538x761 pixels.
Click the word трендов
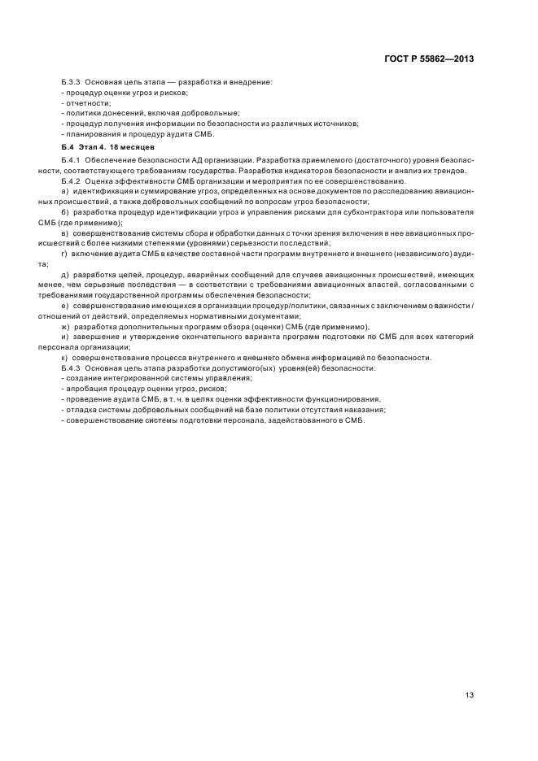tap(448, 171)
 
